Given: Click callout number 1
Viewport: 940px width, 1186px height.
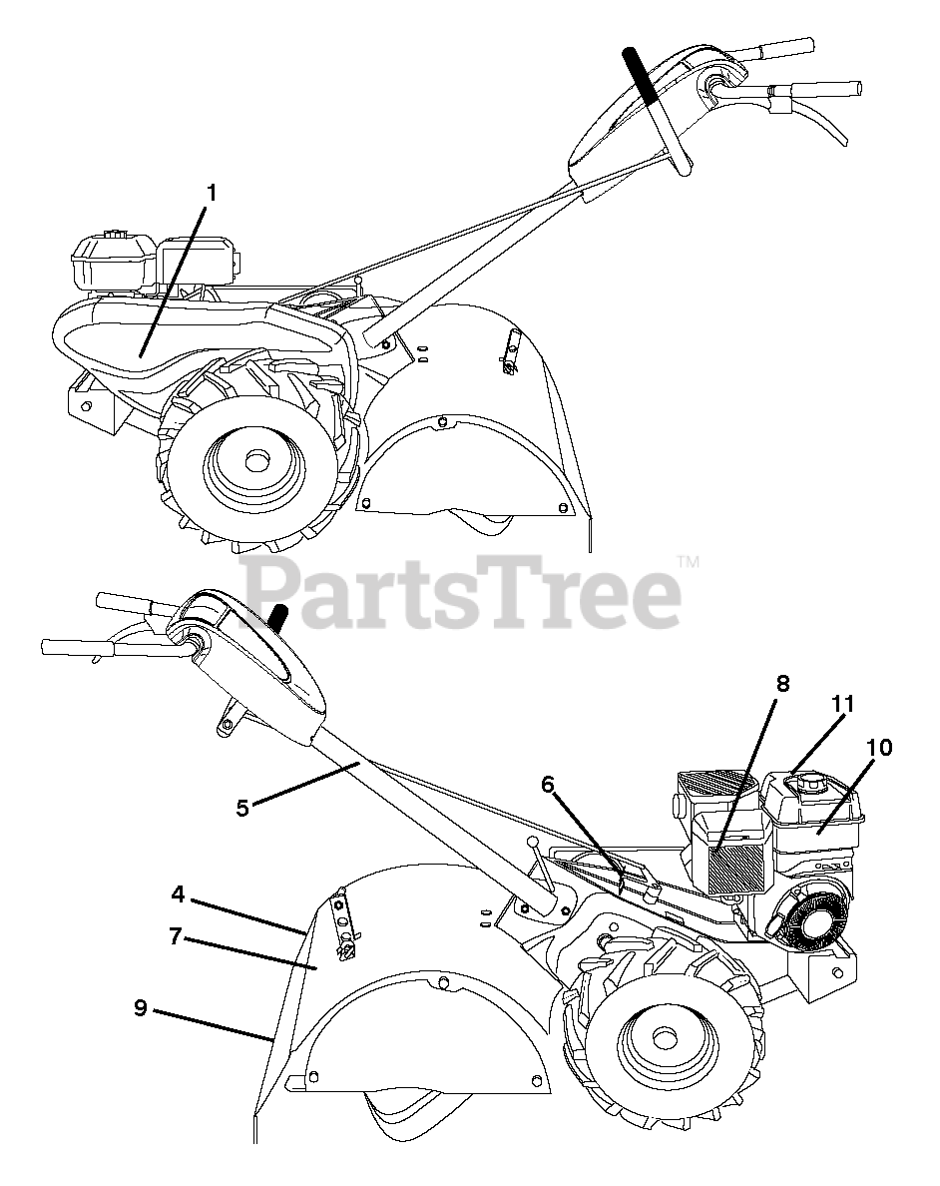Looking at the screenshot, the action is point(212,193).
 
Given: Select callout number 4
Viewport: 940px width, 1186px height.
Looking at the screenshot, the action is point(177,894).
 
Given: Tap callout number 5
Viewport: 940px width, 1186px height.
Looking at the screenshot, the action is point(242,807).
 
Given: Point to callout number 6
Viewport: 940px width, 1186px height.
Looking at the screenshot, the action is point(548,785).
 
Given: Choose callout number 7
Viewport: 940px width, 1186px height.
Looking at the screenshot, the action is point(175,936).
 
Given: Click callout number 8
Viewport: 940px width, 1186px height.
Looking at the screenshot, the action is point(782,684).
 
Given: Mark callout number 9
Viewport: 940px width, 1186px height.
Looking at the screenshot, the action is point(141,1008).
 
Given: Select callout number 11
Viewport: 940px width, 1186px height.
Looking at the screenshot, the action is point(843,705).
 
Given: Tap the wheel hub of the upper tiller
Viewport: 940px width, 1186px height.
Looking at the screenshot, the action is point(254,462).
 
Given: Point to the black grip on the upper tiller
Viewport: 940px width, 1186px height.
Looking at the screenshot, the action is point(640,74).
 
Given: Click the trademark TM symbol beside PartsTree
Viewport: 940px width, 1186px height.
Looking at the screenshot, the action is point(687,563).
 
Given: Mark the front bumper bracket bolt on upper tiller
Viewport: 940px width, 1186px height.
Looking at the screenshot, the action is point(87,405).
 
